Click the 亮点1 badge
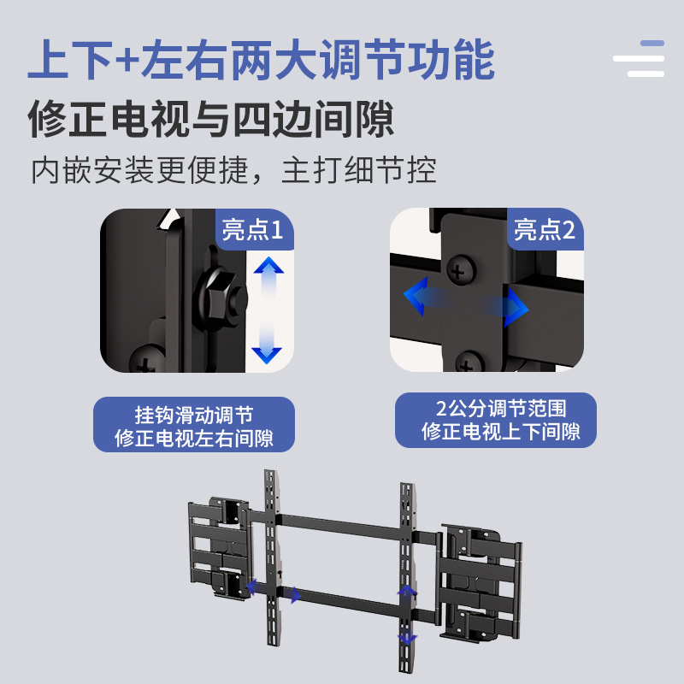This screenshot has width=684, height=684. pyautogui.click(x=252, y=229)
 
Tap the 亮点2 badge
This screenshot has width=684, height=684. pyautogui.click(x=544, y=229)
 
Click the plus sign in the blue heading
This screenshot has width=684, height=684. pyautogui.click(x=127, y=62)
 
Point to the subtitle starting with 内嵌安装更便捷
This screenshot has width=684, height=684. pyautogui.click(x=233, y=169)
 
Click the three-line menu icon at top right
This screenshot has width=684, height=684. pyautogui.click(x=640, y=58)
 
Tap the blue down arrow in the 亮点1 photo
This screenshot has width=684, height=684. pyautogui.click(x=268, y=350)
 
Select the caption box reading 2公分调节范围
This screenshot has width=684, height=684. pyautogui.click(x=496, y=420)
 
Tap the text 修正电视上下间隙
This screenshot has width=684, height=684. pyautogui.click(x=501, y=432)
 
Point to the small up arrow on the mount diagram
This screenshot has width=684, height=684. pyautogui.click(x=408, y=590)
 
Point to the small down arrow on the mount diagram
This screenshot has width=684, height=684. pyautogui.click(x=408, y=640)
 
